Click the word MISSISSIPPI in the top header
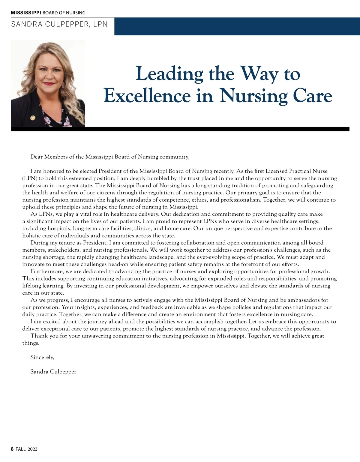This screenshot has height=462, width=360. (26, 13)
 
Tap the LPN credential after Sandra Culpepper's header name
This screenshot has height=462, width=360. (100, 24)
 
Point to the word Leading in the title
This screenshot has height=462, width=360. (169, 74)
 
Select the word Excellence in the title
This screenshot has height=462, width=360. (147, 96)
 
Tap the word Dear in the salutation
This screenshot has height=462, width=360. (36, 157)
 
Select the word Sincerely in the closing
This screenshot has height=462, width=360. (42, 357)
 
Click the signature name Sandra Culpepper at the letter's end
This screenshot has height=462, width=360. (53, 372)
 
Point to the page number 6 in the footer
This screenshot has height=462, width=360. (12, 449)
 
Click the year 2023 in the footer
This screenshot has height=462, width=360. (32, 449)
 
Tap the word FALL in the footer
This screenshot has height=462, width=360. (21, 449)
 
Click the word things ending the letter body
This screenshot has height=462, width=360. (31, 343)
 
